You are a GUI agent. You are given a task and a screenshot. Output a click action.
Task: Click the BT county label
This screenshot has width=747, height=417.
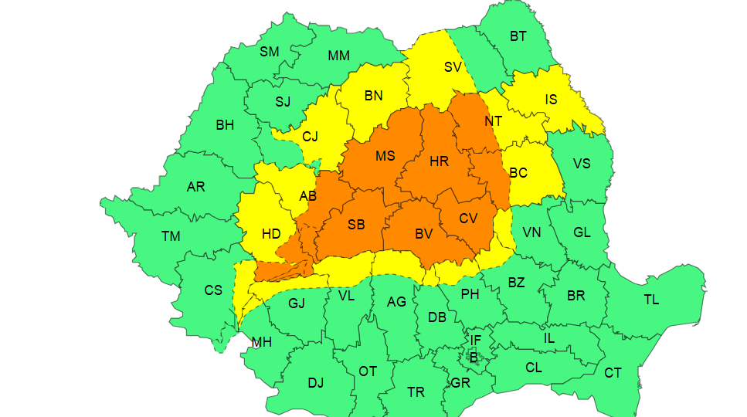(518, 36)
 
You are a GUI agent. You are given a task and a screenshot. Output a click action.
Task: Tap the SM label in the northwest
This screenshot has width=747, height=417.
(269, 52)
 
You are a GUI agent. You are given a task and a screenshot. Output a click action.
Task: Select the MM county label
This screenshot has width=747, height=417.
(338, 56)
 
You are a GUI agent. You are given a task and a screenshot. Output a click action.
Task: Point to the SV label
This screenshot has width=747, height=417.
(453, 67)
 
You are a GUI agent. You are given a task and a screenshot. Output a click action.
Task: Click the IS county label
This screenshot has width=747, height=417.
(551, 100)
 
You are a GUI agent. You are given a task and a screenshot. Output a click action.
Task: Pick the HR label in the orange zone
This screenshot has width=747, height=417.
(439, 161)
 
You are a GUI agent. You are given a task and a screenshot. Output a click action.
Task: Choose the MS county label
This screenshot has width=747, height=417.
(385, 156)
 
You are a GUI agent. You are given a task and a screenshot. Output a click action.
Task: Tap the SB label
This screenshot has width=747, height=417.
(356, 225)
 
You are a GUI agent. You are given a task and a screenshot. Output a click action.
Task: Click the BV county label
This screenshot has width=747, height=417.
(424, 232)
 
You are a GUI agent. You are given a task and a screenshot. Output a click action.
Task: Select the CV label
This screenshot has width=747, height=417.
(468, 219)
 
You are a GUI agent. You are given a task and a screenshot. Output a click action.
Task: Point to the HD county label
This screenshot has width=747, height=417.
(271, 234)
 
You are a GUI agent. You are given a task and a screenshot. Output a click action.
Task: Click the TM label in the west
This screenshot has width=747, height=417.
(171, 236)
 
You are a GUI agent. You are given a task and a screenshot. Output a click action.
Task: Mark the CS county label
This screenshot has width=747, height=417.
(213, 290)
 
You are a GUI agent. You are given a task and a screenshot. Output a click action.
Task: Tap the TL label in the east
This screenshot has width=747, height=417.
(651, 300)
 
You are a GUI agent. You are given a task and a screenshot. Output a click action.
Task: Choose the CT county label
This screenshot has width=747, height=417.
(613, 373)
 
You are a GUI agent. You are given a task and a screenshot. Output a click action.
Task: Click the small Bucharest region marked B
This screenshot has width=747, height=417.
(474, 357)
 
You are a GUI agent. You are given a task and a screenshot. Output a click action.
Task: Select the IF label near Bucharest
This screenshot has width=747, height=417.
(476, 340)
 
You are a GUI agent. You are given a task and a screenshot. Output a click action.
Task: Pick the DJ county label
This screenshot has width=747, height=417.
(316, 382)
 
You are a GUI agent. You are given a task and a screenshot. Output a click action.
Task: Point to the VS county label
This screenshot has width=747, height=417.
(582, 164)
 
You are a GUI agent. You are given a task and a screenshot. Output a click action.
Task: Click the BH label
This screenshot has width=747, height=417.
(225, 125)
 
